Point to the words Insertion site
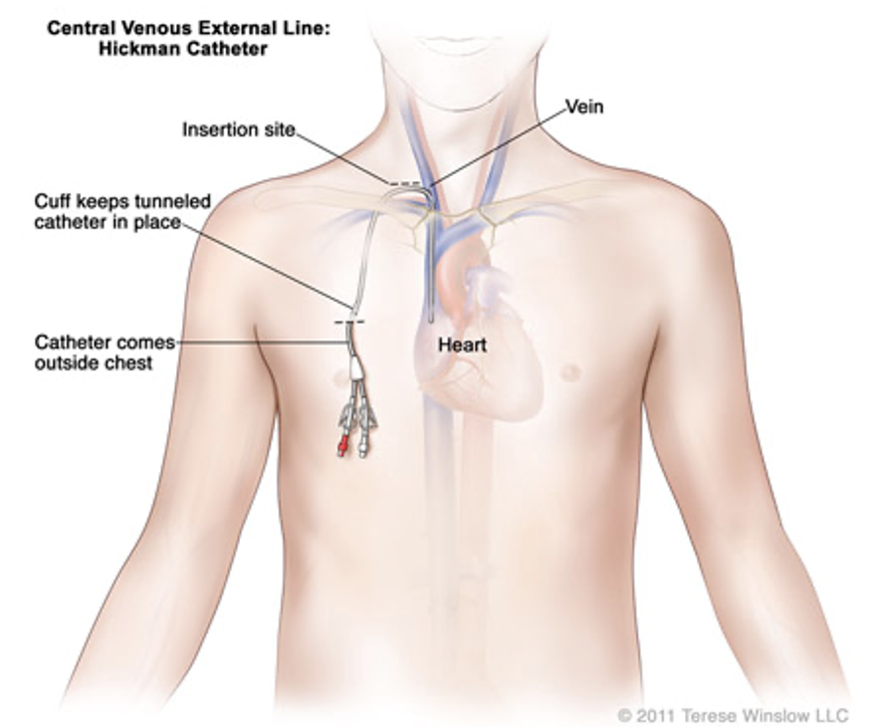[x=239, y=130]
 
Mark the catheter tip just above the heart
[x=430, y=317]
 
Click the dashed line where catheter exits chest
[x=349, y=323]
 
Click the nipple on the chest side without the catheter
[x=570, y=372]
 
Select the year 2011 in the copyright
[x=658, y=715]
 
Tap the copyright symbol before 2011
[x=624, y=715]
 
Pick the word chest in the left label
[x=131, y=363]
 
